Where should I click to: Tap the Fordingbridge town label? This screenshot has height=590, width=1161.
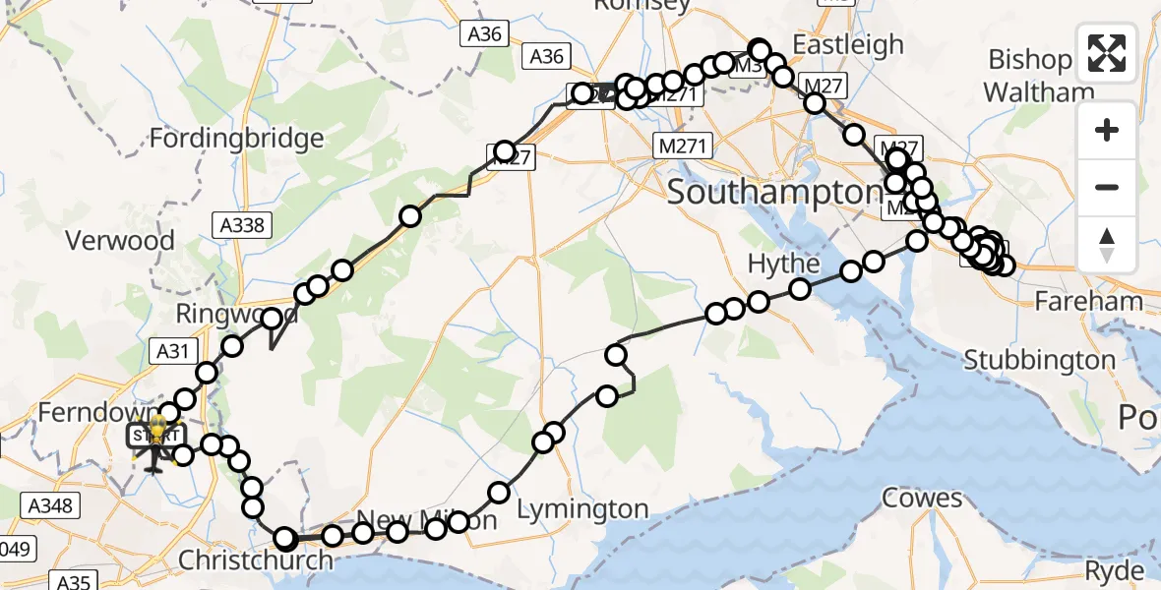click(236, 138)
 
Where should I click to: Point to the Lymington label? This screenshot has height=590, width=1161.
click(582, 509)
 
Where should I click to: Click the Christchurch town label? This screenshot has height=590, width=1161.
click(256, 560)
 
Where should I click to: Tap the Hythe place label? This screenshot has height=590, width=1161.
click(783, 264)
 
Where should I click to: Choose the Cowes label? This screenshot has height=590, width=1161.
click(921, 498)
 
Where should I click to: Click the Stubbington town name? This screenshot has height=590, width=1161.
click(1039, 360)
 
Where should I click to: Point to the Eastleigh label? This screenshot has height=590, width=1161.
click(847, 44)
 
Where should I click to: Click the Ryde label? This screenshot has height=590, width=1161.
click(1114, 571)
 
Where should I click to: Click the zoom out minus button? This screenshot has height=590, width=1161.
click(1107, 187)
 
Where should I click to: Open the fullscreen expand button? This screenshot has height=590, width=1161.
click(1107, 53)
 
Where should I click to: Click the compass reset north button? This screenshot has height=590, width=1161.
click(1107, 244)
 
